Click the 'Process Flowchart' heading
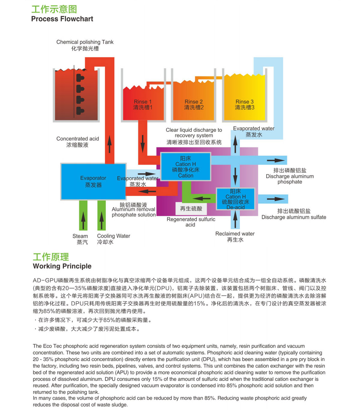[x=62, y=19]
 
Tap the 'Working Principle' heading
[x=62, y=266]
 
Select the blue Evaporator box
[x=93, y=182]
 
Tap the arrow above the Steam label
[x=83, y=220]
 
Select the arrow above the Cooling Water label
[x=101, y=220]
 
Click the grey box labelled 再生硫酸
[x=191, y=208]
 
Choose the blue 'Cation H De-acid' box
[x=235, y=199]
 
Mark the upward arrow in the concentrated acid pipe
[x=109, y=144]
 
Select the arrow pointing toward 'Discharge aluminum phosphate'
[x=276, y=160]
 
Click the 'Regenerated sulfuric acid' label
[x=191, y=222]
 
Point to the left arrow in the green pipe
[x=201, y=198]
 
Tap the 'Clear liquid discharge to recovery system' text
[x=194, y=136]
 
